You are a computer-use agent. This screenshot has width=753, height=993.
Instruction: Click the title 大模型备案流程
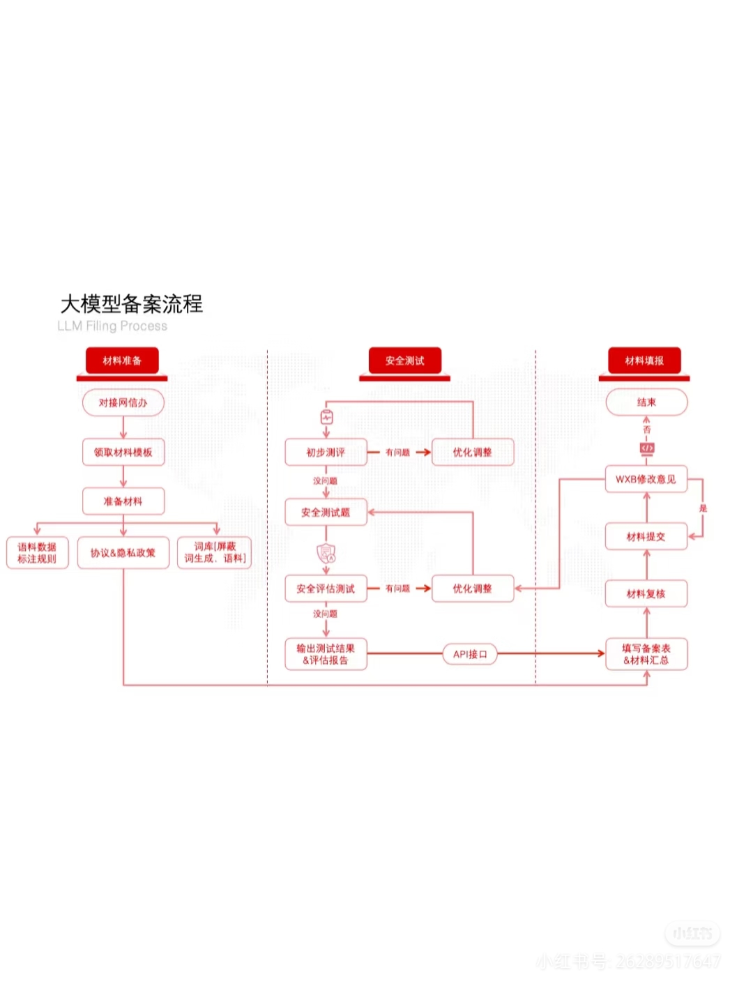tap(131, 304)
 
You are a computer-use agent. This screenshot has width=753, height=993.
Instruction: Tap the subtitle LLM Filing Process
tap(112, 326)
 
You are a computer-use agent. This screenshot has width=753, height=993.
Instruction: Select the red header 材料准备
tap(122, 361)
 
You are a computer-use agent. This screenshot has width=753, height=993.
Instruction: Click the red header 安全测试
tap(404, 361)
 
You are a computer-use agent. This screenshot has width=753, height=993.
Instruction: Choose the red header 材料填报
tap(644, 361)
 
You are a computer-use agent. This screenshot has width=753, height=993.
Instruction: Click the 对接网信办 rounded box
tap(123, 402)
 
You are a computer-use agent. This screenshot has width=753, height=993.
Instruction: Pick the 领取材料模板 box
tap(123, 452)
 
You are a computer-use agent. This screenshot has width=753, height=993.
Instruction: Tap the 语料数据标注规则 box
tap(38, 553)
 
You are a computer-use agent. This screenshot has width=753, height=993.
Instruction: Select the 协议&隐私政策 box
tap(123, 553)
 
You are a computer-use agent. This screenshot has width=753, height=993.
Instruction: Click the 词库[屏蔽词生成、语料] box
tap(215, 553)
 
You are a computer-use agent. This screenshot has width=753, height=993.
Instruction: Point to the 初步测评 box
tap(326, 452)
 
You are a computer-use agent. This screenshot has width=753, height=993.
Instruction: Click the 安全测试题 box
tap(326, 513)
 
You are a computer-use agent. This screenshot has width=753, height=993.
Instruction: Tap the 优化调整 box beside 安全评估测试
tap(473, 589)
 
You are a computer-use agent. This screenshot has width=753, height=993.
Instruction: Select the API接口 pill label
tap(470, 654)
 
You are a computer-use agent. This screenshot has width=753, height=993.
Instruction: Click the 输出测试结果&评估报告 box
tap(326, 654)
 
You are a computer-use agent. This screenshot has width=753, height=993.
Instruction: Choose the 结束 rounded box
tap(646, 402)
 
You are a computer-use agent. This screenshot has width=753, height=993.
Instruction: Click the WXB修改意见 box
tap(646, 479)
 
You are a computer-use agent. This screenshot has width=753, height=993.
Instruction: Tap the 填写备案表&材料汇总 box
tap(646, 654)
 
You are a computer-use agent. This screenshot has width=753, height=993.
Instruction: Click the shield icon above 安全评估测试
tap(326, 554)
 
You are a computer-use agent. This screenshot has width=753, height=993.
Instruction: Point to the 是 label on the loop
tap(703, 508)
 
